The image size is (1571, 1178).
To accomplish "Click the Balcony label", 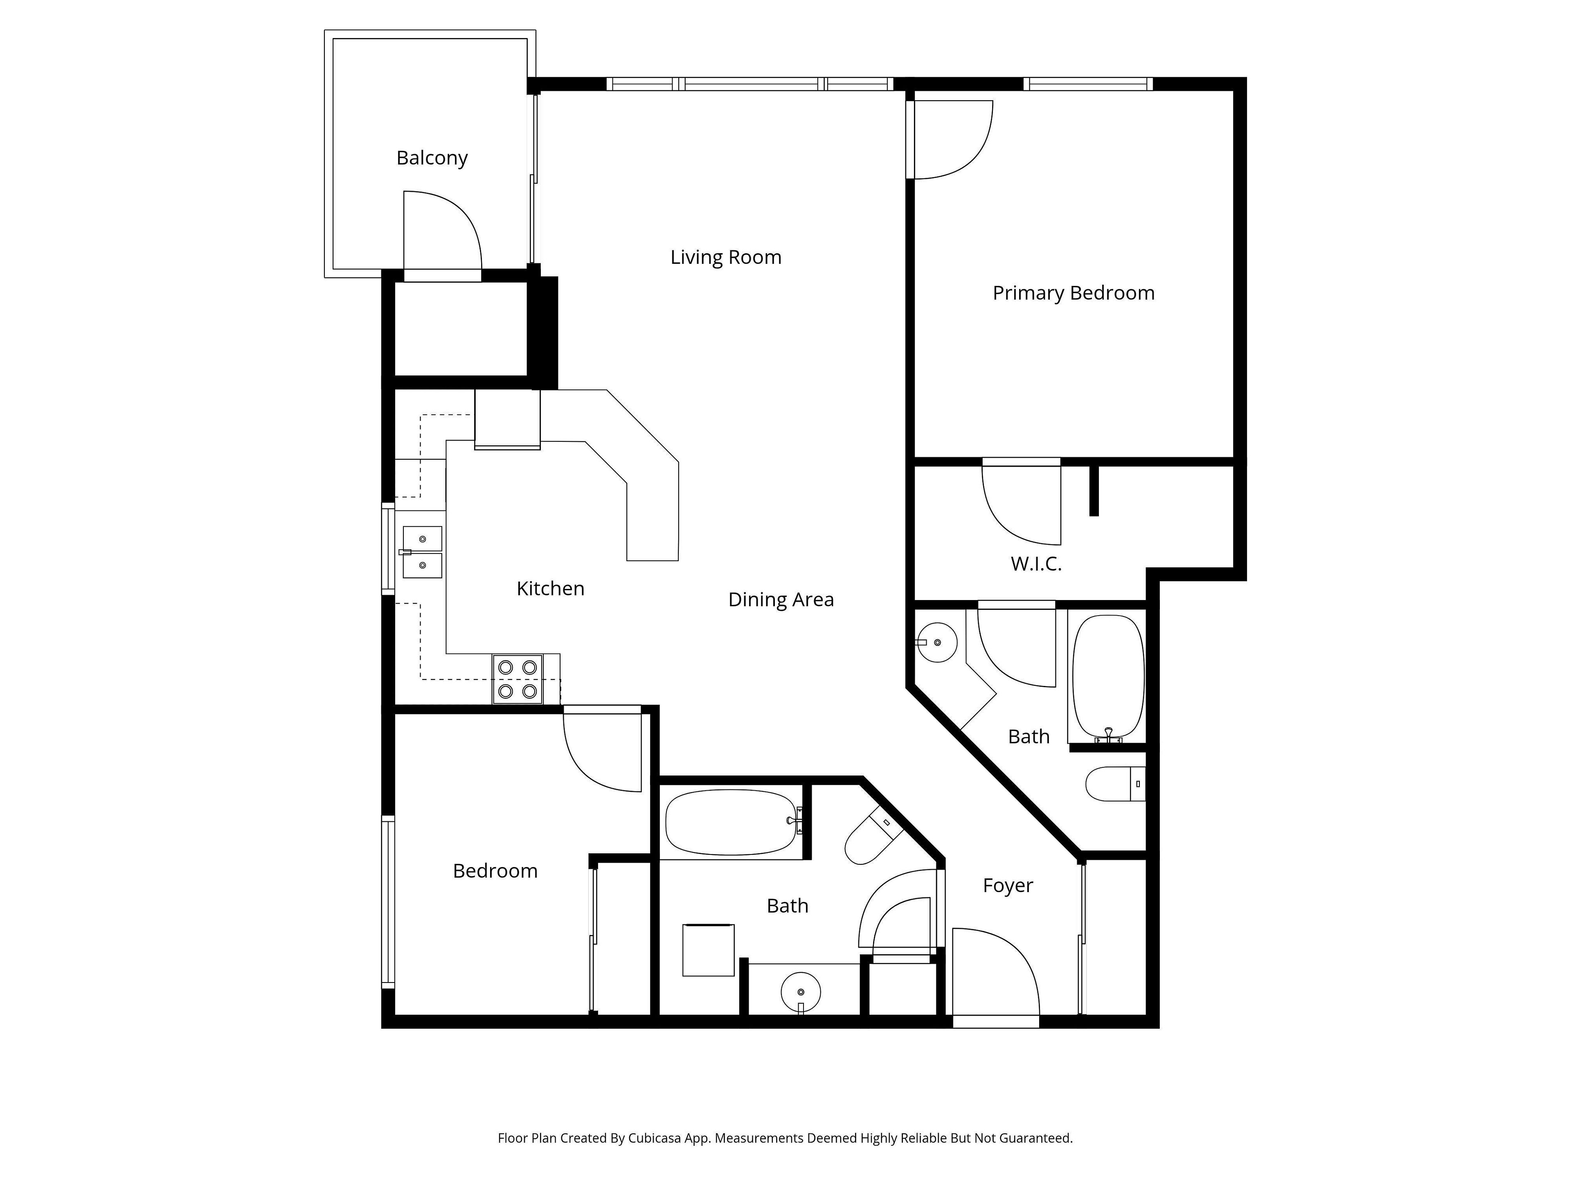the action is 432,157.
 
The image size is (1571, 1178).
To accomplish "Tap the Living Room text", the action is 726,257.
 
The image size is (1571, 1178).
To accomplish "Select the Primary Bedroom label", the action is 1073,293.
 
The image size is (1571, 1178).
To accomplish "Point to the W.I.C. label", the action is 1036,564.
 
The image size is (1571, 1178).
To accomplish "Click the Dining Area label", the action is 781,600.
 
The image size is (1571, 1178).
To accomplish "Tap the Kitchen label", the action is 550,589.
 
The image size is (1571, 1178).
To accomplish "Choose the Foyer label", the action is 1008,886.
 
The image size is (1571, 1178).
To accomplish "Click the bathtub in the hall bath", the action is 734,822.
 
